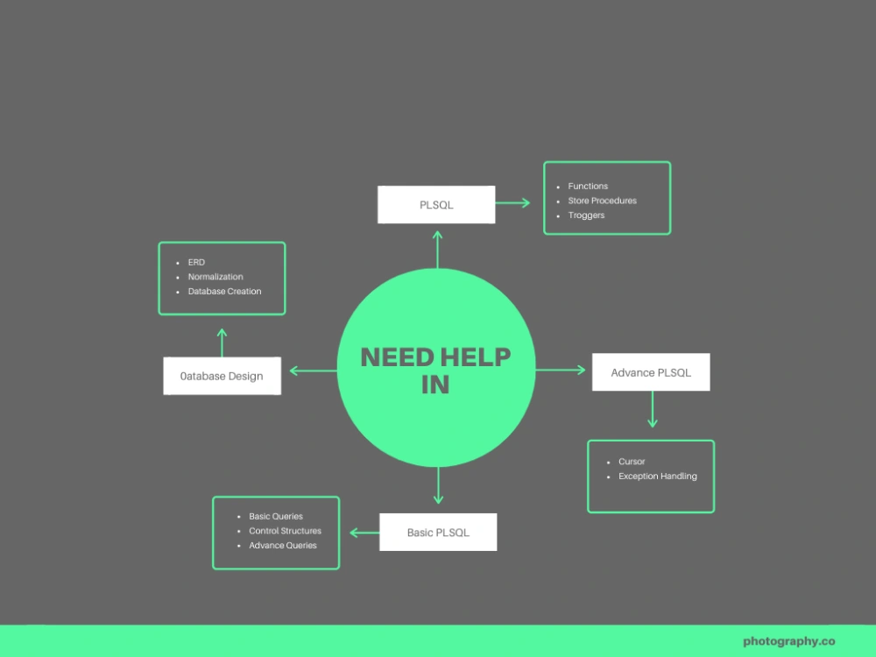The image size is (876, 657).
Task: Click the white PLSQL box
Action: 436,204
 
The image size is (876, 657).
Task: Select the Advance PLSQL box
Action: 651,372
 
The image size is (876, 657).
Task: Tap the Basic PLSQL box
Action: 438,532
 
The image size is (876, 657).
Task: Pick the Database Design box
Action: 222,376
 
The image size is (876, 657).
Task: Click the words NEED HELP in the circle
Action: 435,357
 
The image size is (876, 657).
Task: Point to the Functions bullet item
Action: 588,186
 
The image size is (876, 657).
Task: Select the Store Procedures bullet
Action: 603,201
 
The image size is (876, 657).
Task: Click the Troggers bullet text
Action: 586,215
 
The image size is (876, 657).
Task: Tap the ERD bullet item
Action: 196,262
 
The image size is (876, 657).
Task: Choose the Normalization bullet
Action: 215,277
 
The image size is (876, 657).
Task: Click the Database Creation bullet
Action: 224,291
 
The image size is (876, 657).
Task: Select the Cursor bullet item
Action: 632,462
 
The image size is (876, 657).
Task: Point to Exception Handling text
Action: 658,476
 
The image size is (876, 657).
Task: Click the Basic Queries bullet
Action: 275,516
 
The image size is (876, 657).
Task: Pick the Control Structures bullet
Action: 285,531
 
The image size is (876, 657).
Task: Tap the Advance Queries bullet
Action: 283,545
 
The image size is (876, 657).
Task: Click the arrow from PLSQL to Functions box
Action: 512,203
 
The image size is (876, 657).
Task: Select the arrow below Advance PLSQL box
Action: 652,409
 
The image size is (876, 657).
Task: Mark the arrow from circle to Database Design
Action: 314,371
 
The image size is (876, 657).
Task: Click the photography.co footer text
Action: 789,641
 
